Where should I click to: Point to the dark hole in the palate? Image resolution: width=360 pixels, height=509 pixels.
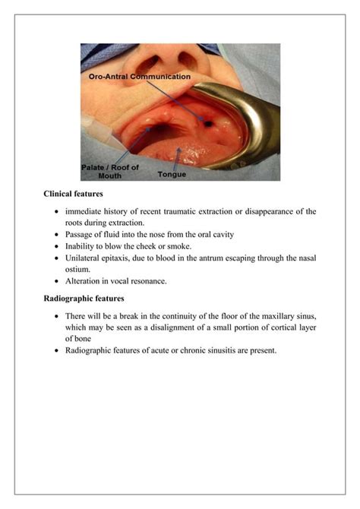(x=205, y=121)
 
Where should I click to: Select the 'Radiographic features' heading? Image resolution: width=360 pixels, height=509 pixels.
(x=84, y=298)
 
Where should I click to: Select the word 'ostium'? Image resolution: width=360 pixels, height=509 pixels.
(x=79, y=269)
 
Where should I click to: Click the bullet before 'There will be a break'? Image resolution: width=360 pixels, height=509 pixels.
(x=57, y=315)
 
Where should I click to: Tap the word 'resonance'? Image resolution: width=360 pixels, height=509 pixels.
(x=144, y=280)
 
